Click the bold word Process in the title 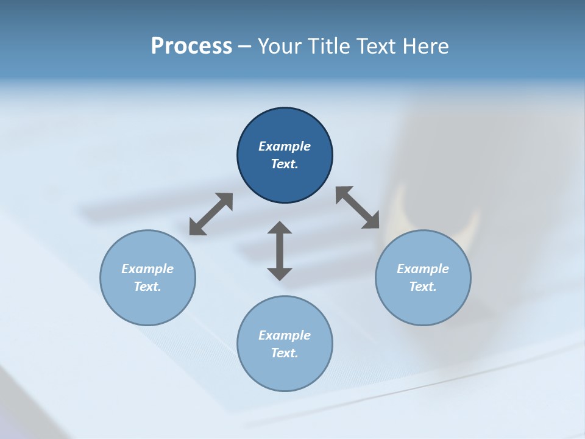point(191,46)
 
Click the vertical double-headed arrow point(280,251)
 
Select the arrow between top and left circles point(211,214)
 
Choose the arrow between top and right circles point(358,208)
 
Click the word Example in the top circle point(285,146)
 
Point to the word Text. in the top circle point(285,164)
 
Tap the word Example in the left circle point(147,269)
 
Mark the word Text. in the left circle point(147,287)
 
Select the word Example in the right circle point(423,269)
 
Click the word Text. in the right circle point(423,287)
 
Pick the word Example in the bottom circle point(285,335)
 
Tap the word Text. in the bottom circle point(285,353)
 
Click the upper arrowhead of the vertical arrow point(280,228)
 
